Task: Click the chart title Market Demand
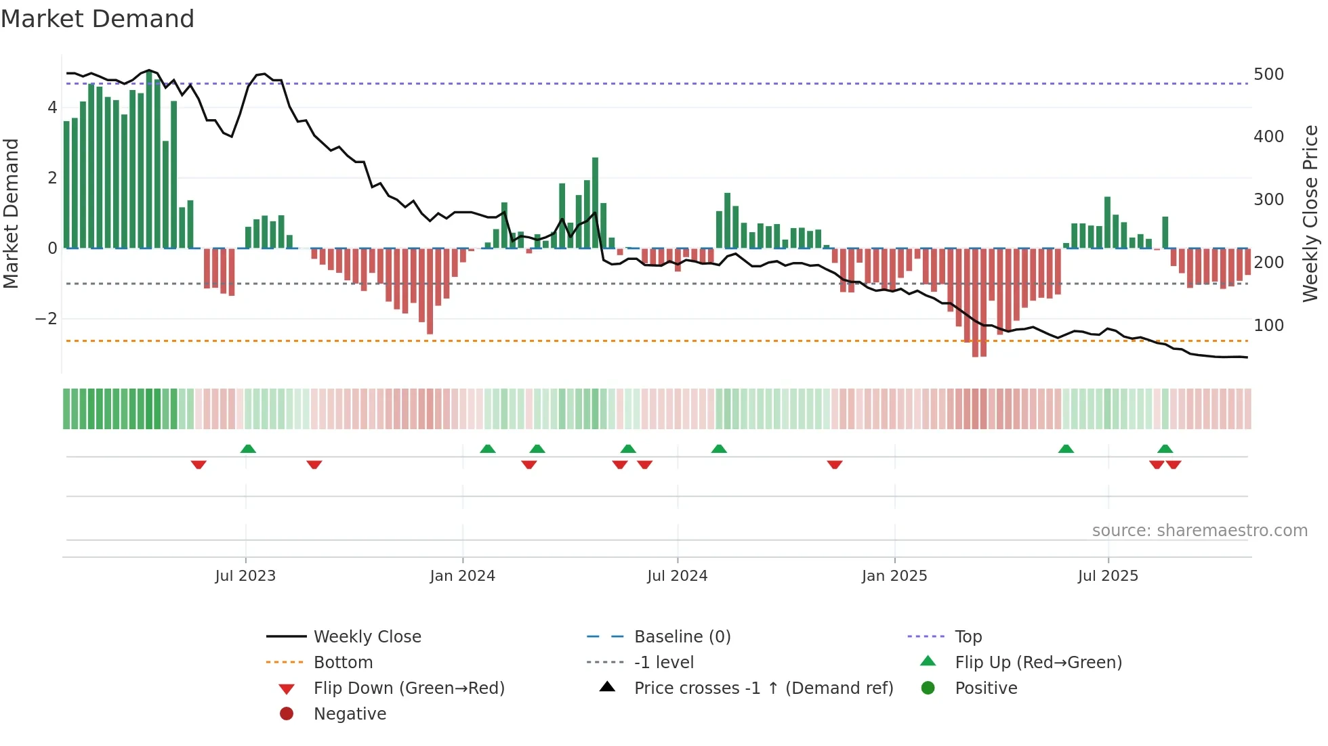tap(98, 19)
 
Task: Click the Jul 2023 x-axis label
tap(245, 576)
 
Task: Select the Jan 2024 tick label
tap(463, 576)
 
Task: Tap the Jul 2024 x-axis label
tap(678, 576)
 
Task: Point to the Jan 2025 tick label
tap(894, 576)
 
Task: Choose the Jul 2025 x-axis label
tap(1108, 576)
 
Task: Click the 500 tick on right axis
tap(1268, 74)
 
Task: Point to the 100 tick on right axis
tap(1268, 326)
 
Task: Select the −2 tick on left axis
tap(46, 319)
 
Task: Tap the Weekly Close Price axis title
tap(1310, 213)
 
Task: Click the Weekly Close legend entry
tap(367, 637)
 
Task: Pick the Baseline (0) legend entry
tap(682, 637)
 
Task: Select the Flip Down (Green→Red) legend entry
tap(409, 688)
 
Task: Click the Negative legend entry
tap(350, 714)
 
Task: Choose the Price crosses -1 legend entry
tap(763, 688)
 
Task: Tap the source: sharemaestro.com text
tap(1199, 531)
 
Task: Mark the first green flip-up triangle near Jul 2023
tap(248, 449)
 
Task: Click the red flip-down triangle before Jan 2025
tap(835, 464)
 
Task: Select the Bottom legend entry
tap(343, 663)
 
